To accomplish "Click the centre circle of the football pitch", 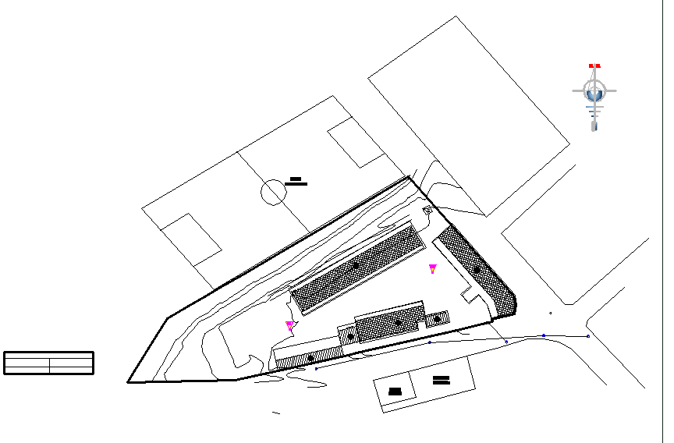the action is (273, 191).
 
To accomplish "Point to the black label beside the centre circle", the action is (296, 182).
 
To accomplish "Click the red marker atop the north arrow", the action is (594, 66).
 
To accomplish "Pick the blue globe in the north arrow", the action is (595, 93).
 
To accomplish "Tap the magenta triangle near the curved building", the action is (432, 268).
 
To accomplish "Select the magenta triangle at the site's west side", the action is (289, 325).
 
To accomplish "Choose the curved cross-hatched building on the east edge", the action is (477, 271).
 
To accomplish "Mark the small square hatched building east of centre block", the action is (437, 319).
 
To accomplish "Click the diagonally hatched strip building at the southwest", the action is (310, 358).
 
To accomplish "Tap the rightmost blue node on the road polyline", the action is (587, 336).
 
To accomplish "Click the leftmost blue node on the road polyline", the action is (316, 369).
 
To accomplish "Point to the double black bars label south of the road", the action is (441, 381).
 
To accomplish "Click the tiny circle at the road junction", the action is (551, 314).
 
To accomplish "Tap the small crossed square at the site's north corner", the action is (428, 211).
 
